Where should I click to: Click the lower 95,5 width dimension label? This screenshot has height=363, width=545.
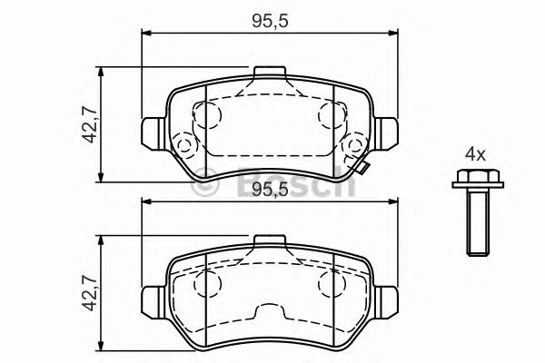(x=271, y=190)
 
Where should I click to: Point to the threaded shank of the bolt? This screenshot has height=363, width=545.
(x=472, y=222)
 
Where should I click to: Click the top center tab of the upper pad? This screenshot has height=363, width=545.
(x=270, y=74)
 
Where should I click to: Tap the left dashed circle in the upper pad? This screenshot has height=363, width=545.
(x=210, y=116)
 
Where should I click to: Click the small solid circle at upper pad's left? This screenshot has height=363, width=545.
(x=187, y=145)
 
